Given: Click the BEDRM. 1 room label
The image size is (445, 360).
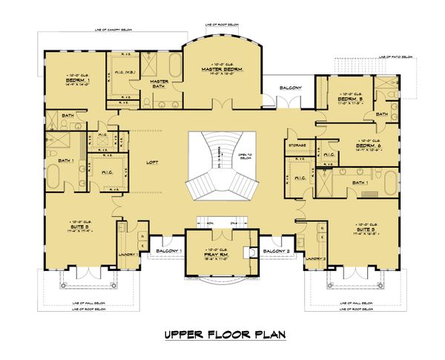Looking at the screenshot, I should click(78, 80).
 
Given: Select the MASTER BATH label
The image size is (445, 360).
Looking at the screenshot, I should click(156, 83).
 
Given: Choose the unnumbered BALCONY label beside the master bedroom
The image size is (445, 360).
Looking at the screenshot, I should click(289, 88).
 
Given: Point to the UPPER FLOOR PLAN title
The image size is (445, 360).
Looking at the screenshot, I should click(222, 335).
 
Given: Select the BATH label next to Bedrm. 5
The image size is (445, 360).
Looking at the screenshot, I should click(381, 114).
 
